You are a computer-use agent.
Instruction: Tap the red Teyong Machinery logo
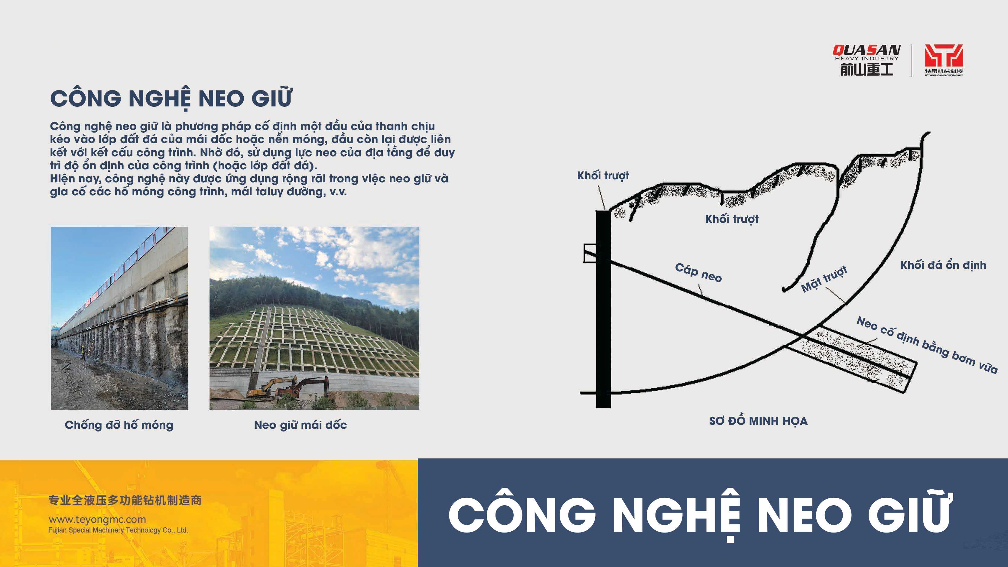pos(944,60)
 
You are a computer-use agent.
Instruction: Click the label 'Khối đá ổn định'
pos(943,265)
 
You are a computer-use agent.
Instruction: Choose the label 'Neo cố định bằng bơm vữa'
pos(927,345)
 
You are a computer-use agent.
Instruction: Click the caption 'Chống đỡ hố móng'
pos(119,425)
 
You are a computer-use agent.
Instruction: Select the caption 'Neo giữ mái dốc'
pos(301,425)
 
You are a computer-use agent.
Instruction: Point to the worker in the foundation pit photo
pos(83,353)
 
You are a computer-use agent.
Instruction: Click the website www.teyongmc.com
pos(97,520)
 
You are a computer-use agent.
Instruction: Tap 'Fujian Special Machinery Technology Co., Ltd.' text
pos(118,530)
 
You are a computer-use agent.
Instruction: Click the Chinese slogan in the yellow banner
pos(125,500)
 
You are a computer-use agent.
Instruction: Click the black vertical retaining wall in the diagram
pos(603,309)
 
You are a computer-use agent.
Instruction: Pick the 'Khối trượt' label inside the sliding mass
pos(732,219)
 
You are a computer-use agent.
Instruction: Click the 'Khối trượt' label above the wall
pos(603,176)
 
